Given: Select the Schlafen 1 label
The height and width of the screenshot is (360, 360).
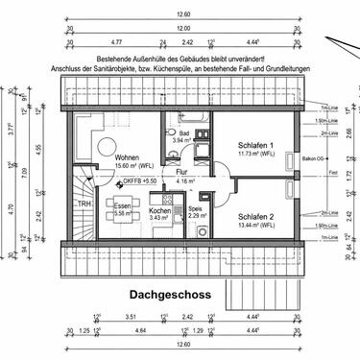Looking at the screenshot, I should coord(255,145).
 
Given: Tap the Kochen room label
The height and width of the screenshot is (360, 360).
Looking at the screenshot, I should coord(159,210).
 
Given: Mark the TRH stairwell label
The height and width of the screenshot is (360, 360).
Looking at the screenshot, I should coord(84,204).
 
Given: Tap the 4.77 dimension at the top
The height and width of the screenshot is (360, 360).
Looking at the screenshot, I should coord(116,42).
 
